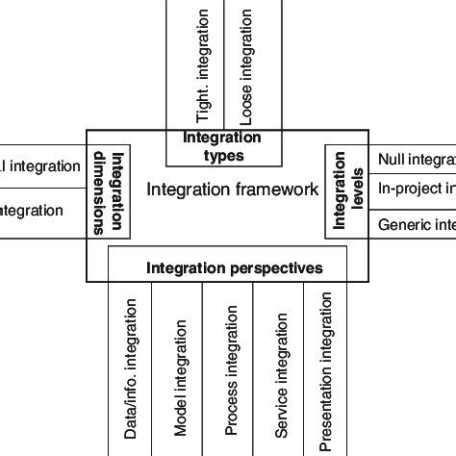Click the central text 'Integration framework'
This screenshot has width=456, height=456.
pyautogui.click(x=232, y=190)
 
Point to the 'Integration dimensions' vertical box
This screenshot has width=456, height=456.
pyautogui.click(x=110, y=192)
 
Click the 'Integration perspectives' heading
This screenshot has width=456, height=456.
pyautogui.click(x=234, y=268)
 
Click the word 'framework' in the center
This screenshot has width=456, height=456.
pyautogui.click(x=277, y=190)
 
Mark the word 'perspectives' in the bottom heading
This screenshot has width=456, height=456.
pyautogui.click(x=276, y=268)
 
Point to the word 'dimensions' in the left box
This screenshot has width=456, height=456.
pyautogui.click(x=101, y=192)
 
